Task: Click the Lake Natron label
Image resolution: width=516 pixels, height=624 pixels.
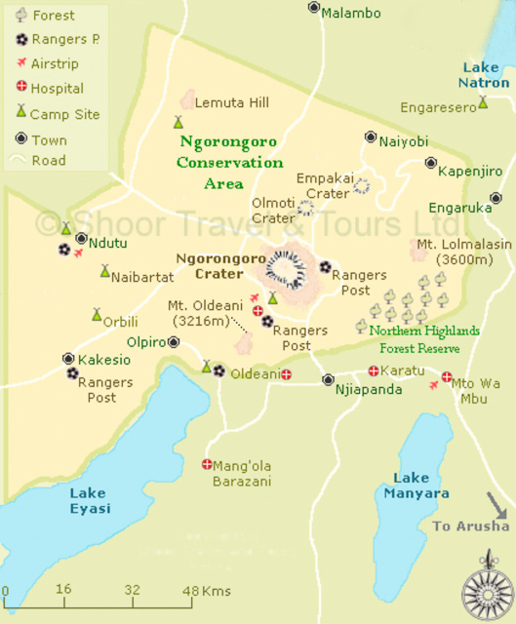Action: click(x=485, y=75)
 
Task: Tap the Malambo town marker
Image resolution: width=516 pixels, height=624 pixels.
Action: click(x=314, y=7)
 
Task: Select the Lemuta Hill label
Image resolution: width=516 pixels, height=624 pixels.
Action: click(x=231, y=102)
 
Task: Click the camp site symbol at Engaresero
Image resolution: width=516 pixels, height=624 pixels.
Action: click(x=483, y=102)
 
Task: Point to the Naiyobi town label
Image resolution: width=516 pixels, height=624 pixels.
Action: click(x=404, y=141)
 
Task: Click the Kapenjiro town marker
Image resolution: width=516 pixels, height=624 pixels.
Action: click(x=430, y=163)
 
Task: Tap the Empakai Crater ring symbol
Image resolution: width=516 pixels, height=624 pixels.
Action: click(x=362, y=185)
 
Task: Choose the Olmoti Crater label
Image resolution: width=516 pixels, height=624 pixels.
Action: click(x=273, y=211)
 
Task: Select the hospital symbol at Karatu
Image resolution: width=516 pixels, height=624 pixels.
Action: click(x=374, y=370)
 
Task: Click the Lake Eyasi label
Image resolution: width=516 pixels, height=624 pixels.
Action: click(x=89, y=500)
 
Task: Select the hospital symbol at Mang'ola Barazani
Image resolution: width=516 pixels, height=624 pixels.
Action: click(x=207, y=464)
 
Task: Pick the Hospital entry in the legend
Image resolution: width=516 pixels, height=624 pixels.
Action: click(x=57, y=89)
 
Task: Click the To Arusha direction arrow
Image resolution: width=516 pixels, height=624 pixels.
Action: click(x=496, y=506)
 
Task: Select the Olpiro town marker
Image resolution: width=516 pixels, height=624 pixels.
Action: click(x=174, y=342)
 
